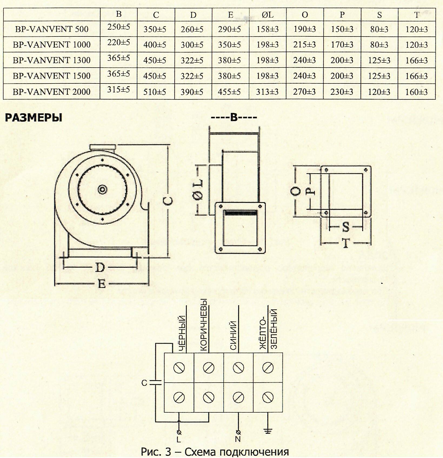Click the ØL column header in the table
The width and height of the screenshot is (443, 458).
pyautogui.click(x=267, y=15)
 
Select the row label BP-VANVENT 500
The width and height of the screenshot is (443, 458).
pyautogui.click(x=52, y=29)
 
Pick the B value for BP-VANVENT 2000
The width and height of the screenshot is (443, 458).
pyautogui.click(x=118, y=90)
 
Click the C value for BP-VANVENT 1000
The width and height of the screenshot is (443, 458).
pyautogui.click(x=155, y=45)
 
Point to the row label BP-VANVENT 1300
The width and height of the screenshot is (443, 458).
pyautogui.click(x=52, y=60)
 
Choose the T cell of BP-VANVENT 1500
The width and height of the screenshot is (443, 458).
pyautogui.click(x=417, y=76)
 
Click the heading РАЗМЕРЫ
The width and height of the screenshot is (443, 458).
pyautogui.click(x=34, y=118)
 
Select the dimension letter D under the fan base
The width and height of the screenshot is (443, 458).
pyautogui.click(x=100, y=268)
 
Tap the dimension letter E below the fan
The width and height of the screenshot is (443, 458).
pyautogui.click(x=101, y=284)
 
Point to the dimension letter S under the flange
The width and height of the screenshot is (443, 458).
pyautogui.click(x=346, y=228)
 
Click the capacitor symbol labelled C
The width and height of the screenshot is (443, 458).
pyautogui.click(x=156, y=382)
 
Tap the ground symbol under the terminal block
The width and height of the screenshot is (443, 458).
pyautogui.click(x=268, y=430)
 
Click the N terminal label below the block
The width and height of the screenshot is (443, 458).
pyautogui.click(x=238, y=439)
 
